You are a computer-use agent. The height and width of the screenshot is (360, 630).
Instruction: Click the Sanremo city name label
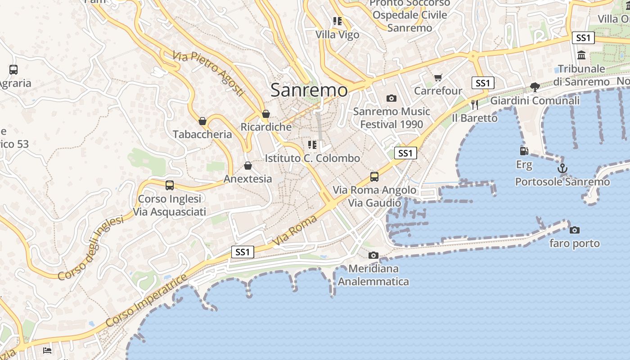pos(309,90)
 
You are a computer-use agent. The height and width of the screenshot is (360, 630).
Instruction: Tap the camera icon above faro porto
pos(575,230)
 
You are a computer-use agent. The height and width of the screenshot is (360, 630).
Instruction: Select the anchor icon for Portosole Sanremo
pos(562,169)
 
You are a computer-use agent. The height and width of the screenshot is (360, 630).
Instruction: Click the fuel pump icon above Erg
pos(524,151)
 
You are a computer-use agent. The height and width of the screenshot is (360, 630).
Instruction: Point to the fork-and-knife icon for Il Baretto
pos(475,105)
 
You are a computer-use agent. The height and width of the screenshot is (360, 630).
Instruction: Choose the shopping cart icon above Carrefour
pos(438,77)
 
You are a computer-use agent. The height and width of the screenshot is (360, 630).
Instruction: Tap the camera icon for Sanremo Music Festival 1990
pos(391,98)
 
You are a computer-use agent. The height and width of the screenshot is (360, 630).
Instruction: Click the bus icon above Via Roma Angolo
pos(374,176)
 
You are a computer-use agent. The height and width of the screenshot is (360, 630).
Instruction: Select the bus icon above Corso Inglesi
pos(170,185)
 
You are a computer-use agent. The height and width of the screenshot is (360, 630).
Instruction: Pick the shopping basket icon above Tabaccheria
pos(202,121)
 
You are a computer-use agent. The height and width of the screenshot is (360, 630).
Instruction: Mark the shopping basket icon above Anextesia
pos(248,166)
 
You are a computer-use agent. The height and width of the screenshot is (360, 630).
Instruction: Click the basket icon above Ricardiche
pos(266,114)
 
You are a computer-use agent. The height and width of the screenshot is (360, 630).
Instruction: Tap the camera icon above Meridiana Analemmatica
pos(373,256)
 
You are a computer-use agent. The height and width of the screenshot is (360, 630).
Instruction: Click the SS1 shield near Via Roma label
pos(243,252)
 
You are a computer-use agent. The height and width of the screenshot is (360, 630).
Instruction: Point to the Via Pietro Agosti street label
pos(208,73)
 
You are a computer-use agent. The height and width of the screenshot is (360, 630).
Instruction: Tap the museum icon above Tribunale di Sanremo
pos(581,55)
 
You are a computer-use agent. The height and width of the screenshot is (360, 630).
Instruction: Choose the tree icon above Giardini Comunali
pos(535,87)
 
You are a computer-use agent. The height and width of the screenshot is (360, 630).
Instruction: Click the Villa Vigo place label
pos(337,35)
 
